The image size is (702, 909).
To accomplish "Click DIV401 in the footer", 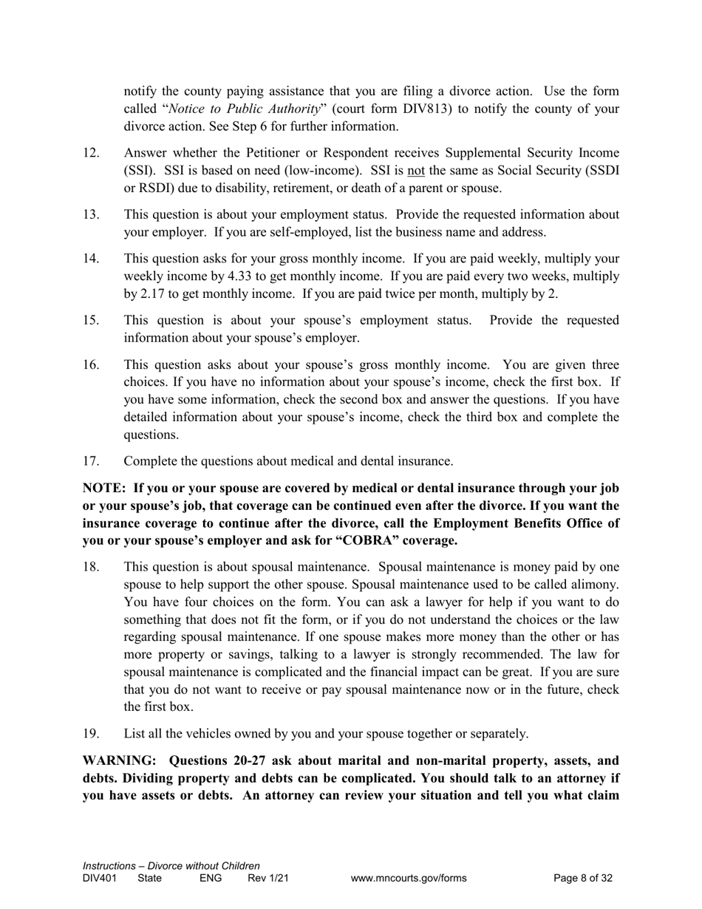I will [100, 878].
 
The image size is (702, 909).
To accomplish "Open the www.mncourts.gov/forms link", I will [409, 878].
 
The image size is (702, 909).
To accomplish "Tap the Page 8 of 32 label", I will [583, 878].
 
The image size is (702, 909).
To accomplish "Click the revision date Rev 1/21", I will [268, 878].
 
